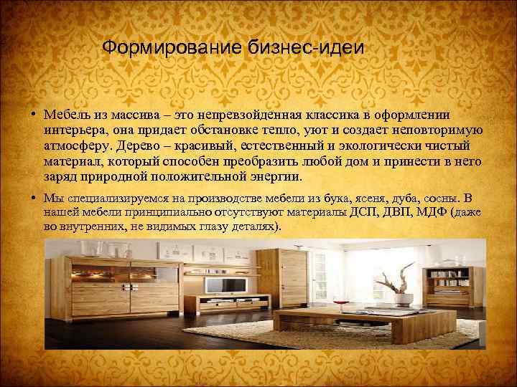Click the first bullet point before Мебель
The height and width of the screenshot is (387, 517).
(x=34, y=115)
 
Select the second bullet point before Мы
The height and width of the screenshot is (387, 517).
(x=34, y=199)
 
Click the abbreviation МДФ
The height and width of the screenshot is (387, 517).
(x=435, y=212)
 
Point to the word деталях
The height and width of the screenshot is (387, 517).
(x=254, y=226)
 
